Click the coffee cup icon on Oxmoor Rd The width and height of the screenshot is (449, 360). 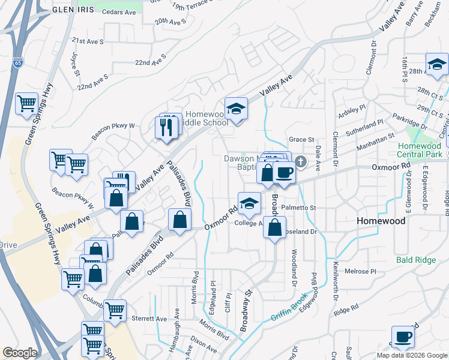click(284, 173)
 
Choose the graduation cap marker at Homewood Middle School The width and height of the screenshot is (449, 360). click(237, 109)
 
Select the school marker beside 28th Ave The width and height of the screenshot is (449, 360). click(437, 65)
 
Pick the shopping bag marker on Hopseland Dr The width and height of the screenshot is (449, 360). click(274, 227)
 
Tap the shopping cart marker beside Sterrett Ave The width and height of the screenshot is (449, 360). click(115, 311)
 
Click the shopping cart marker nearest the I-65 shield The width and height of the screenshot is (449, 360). click(26, 103)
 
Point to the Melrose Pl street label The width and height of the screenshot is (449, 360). click(361, 271)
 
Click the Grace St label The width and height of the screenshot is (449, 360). click(301, 139)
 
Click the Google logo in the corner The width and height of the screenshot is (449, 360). click(20, 353)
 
